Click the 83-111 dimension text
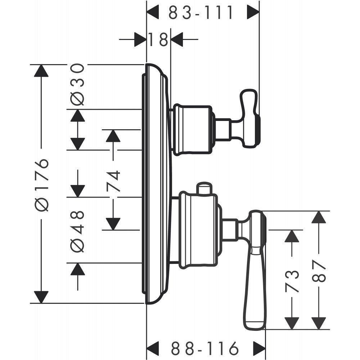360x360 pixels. (x=201, y=13)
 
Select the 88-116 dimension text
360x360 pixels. (x=204, y=348)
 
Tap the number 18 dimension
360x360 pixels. (x=158, y=39)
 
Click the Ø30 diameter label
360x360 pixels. (x=77, y=84)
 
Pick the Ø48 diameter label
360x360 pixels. (x=77, y=230)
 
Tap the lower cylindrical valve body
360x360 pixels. (x=198, y=230)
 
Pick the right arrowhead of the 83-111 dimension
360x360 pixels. (x=253, y=13)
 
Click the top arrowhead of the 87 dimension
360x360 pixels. (x=318, y=217)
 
